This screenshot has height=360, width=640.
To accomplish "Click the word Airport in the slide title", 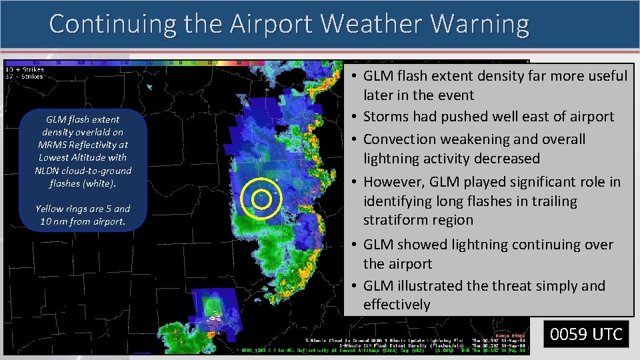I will pyautogui.click(x=272, y=24).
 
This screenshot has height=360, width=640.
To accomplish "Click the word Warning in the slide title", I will pyautogui.click(x=481, y=24).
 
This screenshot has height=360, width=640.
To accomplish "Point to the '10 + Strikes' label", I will pyautogui.click(x=25, y=69).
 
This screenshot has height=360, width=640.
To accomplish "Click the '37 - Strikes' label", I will pyautogui.click(x=24, y=76).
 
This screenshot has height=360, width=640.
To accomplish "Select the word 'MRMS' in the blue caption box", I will pyautogui.click(x=53, y=145).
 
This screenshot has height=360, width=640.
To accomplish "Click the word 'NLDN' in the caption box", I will pyautogui.click(x=49, y=170).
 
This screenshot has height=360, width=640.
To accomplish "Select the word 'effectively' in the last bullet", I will pyautogui.click(x=397, y=305).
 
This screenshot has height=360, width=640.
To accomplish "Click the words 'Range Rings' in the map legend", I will pyautogui.click(x=511, y=335).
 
